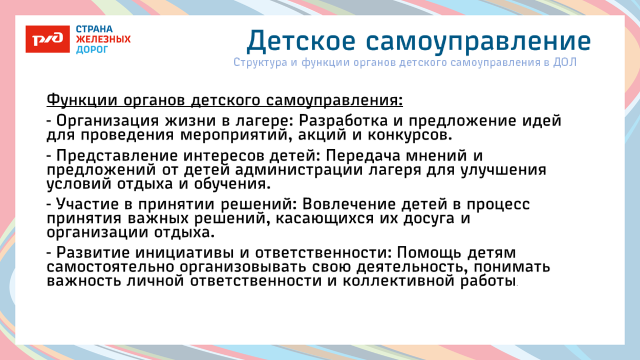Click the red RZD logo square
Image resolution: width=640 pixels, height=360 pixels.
pos(48,39)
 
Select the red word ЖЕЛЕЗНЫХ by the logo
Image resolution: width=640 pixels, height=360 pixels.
pos(103,39)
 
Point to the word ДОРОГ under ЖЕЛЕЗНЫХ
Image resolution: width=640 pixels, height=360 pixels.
pos(92,50)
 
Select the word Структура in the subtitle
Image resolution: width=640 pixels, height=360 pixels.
pos(259,62)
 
